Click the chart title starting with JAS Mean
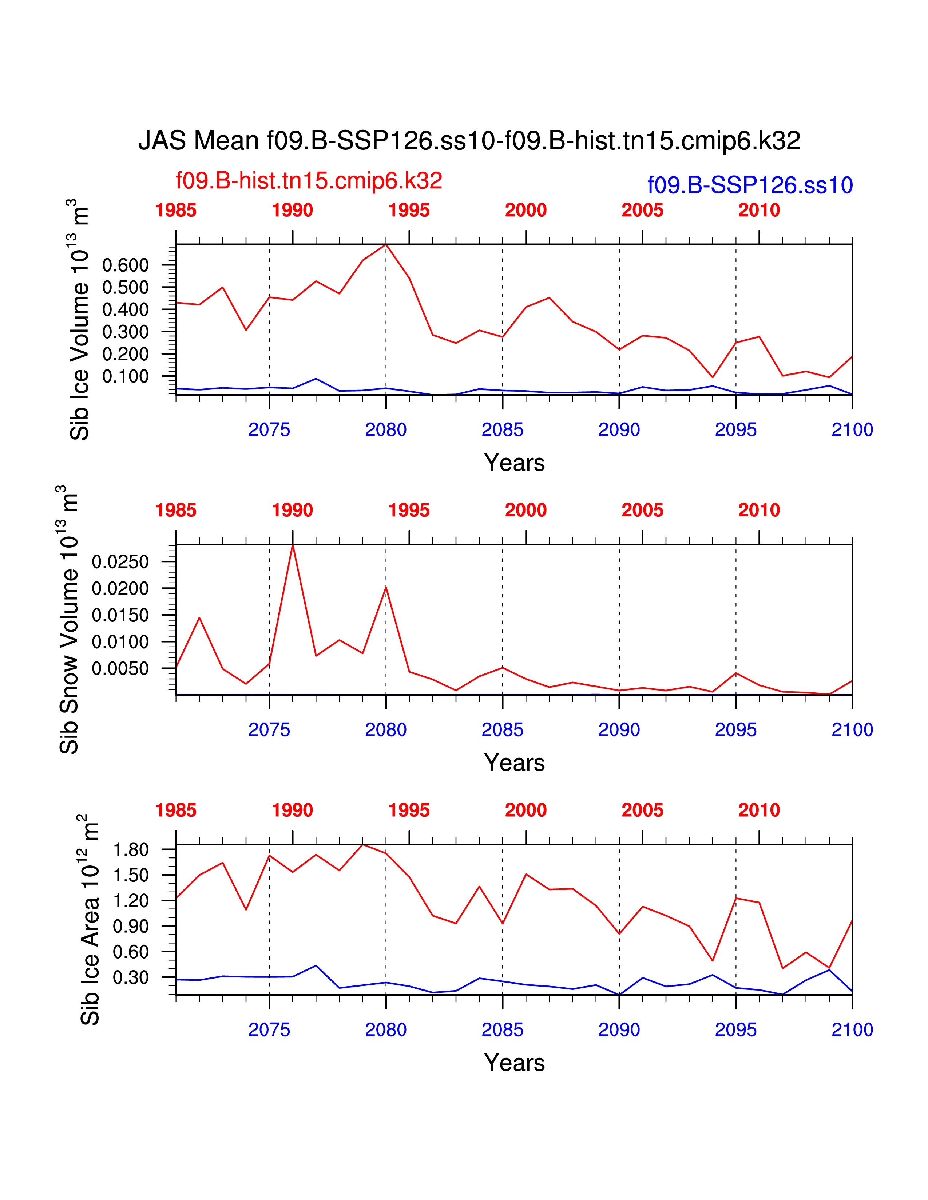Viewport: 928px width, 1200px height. [x=469, y=141]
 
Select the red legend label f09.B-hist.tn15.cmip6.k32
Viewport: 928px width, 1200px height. [x=308, y=181]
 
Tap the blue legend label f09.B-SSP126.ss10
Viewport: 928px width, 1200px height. [x=750, y=185]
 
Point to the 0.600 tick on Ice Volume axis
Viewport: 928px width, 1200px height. [x=125, y=265]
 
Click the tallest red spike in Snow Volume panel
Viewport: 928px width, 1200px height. [x=293, y=545]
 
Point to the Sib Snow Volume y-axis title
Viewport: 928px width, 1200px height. [x=69, y=619]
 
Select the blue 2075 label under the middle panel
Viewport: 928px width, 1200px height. [x=269, y=730]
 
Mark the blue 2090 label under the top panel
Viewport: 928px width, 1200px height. [x=619, y=430]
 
